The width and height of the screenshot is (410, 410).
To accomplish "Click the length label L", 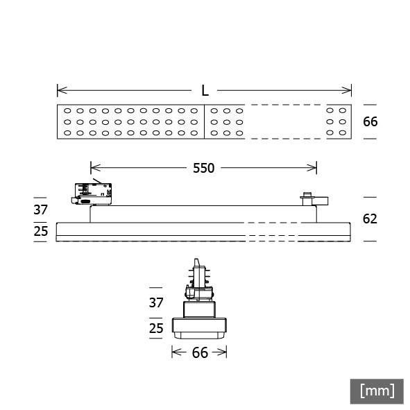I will pos(205,90).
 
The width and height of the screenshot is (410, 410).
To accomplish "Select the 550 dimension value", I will pos(203,168).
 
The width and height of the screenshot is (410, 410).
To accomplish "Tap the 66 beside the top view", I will pos(370,121).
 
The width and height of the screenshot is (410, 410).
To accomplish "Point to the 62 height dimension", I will pos(370,219).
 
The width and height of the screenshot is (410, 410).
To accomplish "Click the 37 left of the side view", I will pos(41,210).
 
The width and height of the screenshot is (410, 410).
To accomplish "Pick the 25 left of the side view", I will pos(41,231).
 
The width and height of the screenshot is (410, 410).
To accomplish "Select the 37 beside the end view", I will pos(156,302).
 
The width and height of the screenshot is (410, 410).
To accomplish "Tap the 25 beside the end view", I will pos(156,327).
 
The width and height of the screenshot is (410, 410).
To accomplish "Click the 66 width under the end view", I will pos(200,353).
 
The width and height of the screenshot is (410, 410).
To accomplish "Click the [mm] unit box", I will pos(377,391).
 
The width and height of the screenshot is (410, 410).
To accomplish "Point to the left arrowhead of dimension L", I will pos(60,90).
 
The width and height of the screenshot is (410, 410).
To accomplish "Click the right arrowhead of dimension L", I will pos(349,90).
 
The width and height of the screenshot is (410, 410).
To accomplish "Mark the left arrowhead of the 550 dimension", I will pos(94,168).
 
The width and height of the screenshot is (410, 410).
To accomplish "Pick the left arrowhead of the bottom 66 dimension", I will pos(175,353).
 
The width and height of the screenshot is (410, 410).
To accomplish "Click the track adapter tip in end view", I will pos(199,264).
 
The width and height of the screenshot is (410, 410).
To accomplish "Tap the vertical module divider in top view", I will pos(205,121).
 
